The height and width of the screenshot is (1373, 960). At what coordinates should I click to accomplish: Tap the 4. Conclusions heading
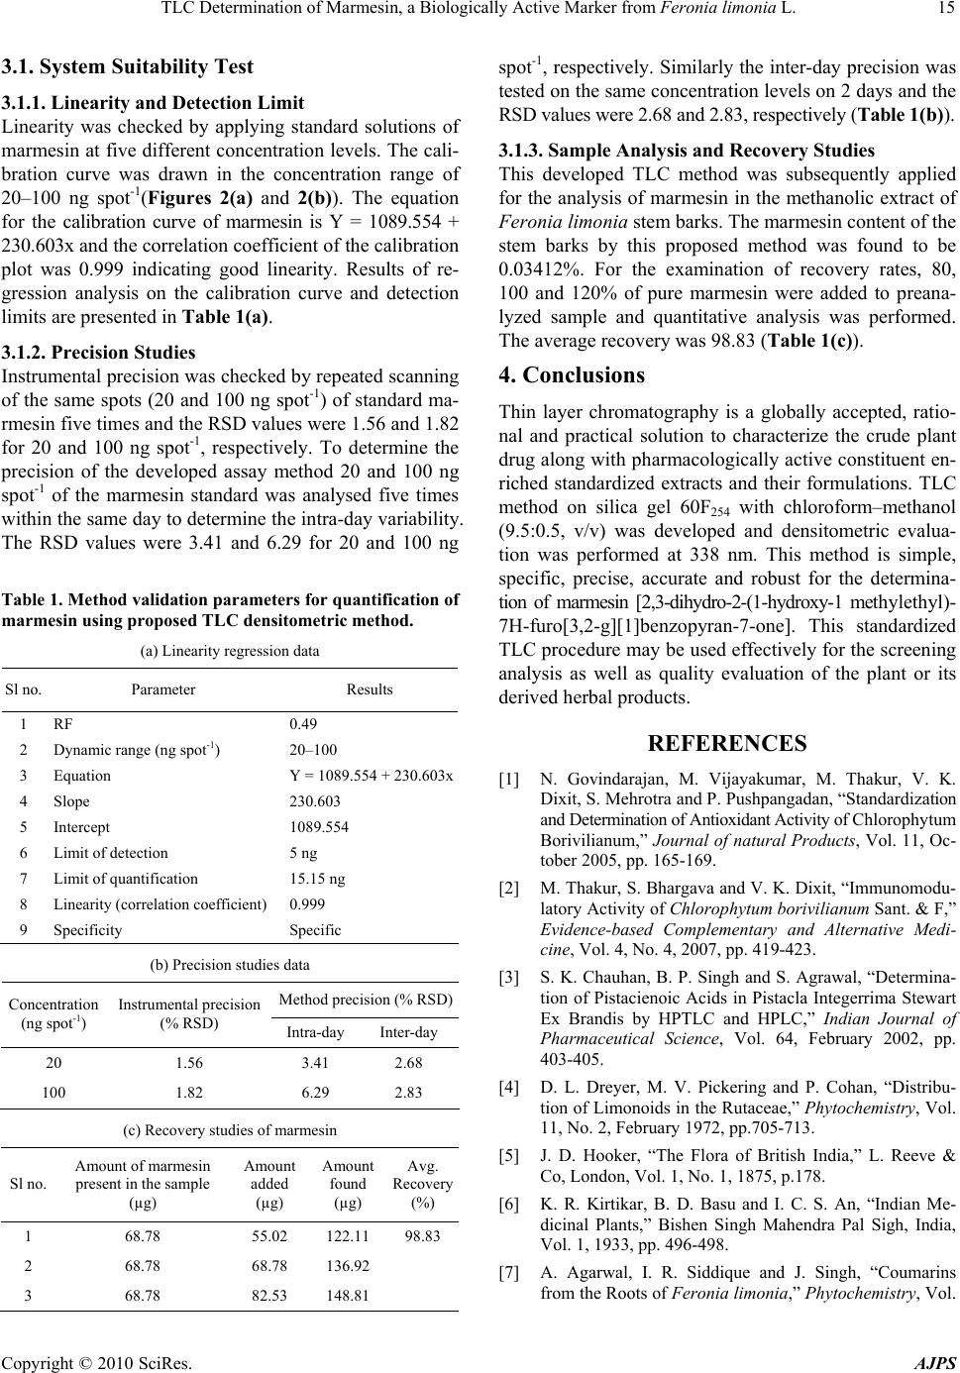571,349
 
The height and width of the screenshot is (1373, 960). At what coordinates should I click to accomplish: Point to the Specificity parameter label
88,929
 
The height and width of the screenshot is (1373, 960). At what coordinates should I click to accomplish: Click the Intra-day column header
315,1032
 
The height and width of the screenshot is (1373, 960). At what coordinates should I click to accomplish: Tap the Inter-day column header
407,1032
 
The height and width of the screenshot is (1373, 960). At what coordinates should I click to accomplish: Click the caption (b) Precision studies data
229,964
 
